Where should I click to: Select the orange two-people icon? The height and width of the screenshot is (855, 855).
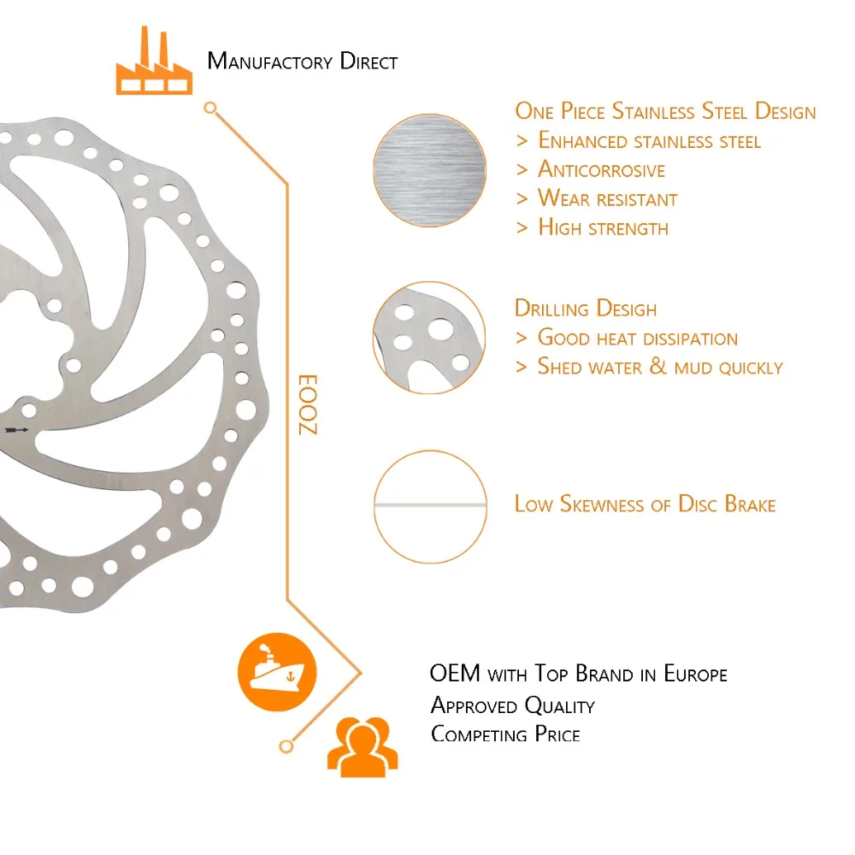click(363, 746)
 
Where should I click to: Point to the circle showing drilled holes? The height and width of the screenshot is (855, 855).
click(429, 338)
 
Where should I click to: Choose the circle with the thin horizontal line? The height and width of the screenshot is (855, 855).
click(429, 506)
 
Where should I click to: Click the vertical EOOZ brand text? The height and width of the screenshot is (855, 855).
click(307, 404)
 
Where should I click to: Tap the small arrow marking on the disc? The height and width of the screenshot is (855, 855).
click(16, 430)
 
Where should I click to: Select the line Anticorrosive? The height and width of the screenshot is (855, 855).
click(601, 169)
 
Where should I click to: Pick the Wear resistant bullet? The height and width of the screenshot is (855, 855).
click(607, 199)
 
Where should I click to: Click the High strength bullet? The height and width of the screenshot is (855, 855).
click(603, 227)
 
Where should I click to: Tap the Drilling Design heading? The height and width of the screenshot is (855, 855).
click(586, 309)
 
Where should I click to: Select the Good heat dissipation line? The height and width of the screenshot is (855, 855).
click(637, 338)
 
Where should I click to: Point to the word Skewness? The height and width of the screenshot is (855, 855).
click(602, 504)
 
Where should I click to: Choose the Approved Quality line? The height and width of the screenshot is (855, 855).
click(512, 705)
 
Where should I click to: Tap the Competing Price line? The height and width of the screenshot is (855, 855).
click(505, 734)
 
